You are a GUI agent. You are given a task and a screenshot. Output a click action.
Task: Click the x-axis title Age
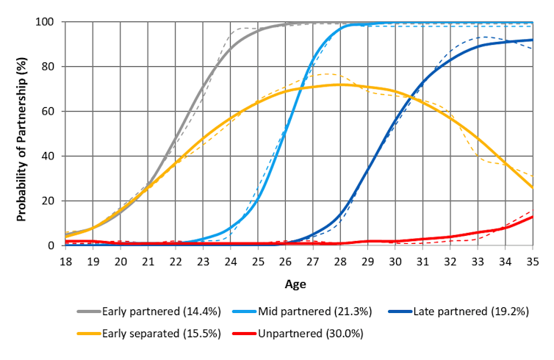click(298, 282)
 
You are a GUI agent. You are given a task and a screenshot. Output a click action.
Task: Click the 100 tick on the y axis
click(46, 22)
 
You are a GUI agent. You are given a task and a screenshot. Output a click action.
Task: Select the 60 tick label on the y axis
click(48, 112)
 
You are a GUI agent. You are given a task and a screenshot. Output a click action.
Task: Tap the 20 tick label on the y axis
click(48, 201)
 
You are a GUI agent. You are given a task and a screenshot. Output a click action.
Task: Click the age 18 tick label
click(65, 261)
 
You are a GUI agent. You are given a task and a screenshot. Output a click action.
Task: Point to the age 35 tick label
click(532, 261)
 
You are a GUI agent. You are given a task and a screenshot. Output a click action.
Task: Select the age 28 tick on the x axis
click(339, 261)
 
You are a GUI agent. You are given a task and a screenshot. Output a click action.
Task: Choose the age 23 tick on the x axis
click(203, 261)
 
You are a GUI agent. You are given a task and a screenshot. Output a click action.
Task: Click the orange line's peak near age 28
click(339, 84)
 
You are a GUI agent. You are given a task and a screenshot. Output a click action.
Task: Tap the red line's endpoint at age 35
click(532, 217)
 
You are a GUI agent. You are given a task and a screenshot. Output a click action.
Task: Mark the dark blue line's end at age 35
click(532, 40)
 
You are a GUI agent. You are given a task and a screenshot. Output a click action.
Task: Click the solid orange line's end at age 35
click(532, 187)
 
